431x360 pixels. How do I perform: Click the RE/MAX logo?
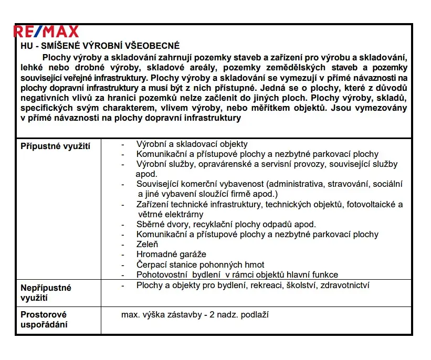(x=46, y=32)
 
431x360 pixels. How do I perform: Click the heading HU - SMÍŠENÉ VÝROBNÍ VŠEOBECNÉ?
(x=100, y=46)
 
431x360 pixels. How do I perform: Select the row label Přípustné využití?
(x=55, y=146)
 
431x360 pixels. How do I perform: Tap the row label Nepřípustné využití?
(x=46, y=293)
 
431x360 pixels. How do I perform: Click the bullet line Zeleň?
(x=147, y=244)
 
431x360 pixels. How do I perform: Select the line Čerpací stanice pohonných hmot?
(x=200, y=264)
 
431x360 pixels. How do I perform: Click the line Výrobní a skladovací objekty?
(x=192, y=144)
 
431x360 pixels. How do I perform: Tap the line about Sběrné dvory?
(x=226, y=224)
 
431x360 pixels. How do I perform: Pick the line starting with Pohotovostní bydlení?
(x=237, y=274)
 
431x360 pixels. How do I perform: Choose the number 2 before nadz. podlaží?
(x=212, y=315)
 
